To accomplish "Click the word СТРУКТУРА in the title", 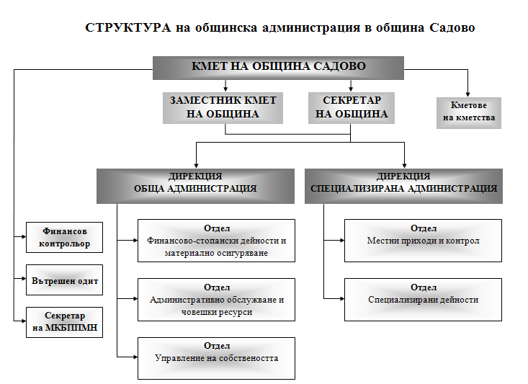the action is [x=128, y=27].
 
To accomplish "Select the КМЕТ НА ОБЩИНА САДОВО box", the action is [x=278, y=68].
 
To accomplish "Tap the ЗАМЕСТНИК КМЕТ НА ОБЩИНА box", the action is [x=223, y=108].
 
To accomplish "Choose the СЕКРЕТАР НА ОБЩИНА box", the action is [x=352, y=108].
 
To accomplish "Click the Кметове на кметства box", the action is [x=469, y=113].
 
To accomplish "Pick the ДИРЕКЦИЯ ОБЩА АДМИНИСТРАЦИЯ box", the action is [x=195, y=186].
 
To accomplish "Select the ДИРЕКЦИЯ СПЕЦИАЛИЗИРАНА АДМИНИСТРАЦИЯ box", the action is [x=403, y=186].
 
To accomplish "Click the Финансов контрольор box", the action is [x=64, y=237].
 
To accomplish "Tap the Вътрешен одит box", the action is [x=64, y=280].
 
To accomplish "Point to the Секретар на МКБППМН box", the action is [x=64, y=322].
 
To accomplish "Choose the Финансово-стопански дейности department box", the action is [x=216, y=241].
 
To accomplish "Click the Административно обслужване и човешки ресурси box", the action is [x=216, y=300].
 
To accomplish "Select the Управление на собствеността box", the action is [x=216, y=358].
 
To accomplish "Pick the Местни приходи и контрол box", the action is [x=423, y=241].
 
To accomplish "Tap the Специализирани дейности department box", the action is [x=423, y=300].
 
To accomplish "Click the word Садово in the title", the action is [x=452, y=27].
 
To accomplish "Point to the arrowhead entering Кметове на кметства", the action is [x=467, y=94].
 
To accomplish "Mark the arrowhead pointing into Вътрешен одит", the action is [x=24, y=279].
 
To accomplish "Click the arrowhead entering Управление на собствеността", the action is [x=135, y=357].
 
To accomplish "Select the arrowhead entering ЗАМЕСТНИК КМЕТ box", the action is [x=225, y=89].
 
